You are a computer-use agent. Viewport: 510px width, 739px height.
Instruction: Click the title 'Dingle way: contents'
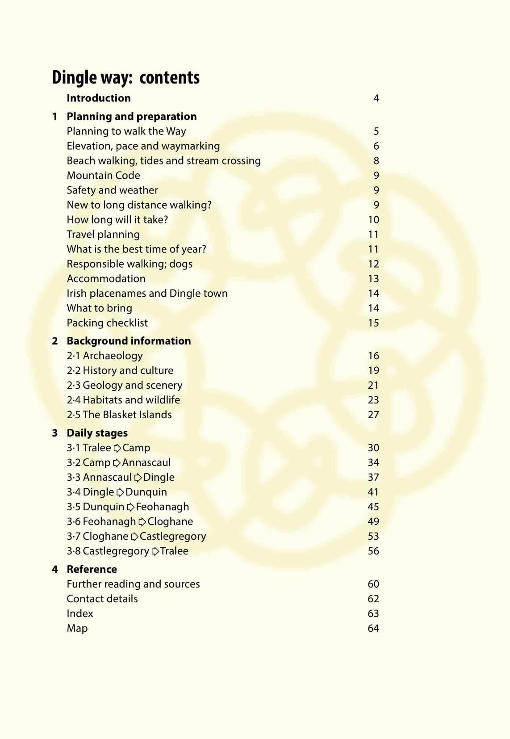coord(125,78)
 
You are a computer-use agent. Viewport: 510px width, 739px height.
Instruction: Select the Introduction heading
coord(99,98)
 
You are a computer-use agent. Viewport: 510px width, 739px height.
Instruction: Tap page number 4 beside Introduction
coord(376,98)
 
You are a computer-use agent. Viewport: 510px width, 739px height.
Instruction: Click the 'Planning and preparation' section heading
coord(131,117)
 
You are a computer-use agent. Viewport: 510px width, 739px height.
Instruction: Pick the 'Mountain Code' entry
coord(103,176)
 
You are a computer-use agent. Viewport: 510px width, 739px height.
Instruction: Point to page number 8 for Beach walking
coord(376,161)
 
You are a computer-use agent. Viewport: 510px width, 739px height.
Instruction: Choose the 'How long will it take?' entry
coord(117,220)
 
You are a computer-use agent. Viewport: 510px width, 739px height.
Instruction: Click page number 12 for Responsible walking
coord(373,264)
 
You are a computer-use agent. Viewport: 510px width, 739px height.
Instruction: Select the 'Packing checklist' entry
coord(107,323)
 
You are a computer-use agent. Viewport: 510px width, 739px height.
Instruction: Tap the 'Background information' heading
coord(129,341)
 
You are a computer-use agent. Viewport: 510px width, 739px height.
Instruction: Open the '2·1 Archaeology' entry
coord(105,356)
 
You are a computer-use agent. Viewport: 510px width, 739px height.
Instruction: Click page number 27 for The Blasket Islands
coord(373,415)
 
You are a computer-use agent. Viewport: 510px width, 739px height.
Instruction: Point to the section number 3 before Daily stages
coord(55,433)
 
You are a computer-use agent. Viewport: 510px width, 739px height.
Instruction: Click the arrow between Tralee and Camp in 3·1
coord(117,448)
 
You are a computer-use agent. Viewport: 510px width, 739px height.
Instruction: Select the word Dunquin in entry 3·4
coord(146,492)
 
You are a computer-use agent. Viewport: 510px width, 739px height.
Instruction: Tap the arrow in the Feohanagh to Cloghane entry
coord(142,522)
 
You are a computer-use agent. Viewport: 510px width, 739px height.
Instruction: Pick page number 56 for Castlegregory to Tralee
coord(373,551)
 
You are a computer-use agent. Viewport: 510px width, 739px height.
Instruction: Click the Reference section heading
coord(92,570)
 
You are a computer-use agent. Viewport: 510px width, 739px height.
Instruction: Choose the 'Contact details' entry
coord(102,599)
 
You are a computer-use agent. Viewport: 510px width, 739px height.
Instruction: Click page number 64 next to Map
coord(373,629)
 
